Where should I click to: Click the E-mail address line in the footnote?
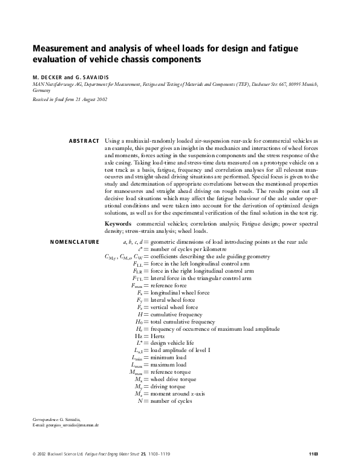[x=65, y=425]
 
